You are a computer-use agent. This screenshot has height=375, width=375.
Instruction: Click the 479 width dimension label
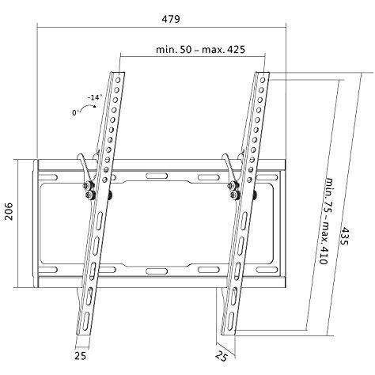point(171,19)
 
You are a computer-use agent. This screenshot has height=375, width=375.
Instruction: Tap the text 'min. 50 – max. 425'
point(200,49)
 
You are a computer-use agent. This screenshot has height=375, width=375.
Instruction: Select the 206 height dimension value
point(9,211)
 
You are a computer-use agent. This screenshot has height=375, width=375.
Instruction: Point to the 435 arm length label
point(344,236)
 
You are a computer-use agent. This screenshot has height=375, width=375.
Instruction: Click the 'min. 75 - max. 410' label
point(326,221)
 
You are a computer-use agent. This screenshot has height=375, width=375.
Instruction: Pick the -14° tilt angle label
point(95,97)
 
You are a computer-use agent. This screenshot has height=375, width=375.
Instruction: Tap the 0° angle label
point(75,112)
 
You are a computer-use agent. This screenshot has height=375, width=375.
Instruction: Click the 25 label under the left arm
point(80,356)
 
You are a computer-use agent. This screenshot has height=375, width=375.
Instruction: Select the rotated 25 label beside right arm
point(221,356)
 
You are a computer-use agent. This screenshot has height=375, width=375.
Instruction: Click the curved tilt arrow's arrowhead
point(94,106)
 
